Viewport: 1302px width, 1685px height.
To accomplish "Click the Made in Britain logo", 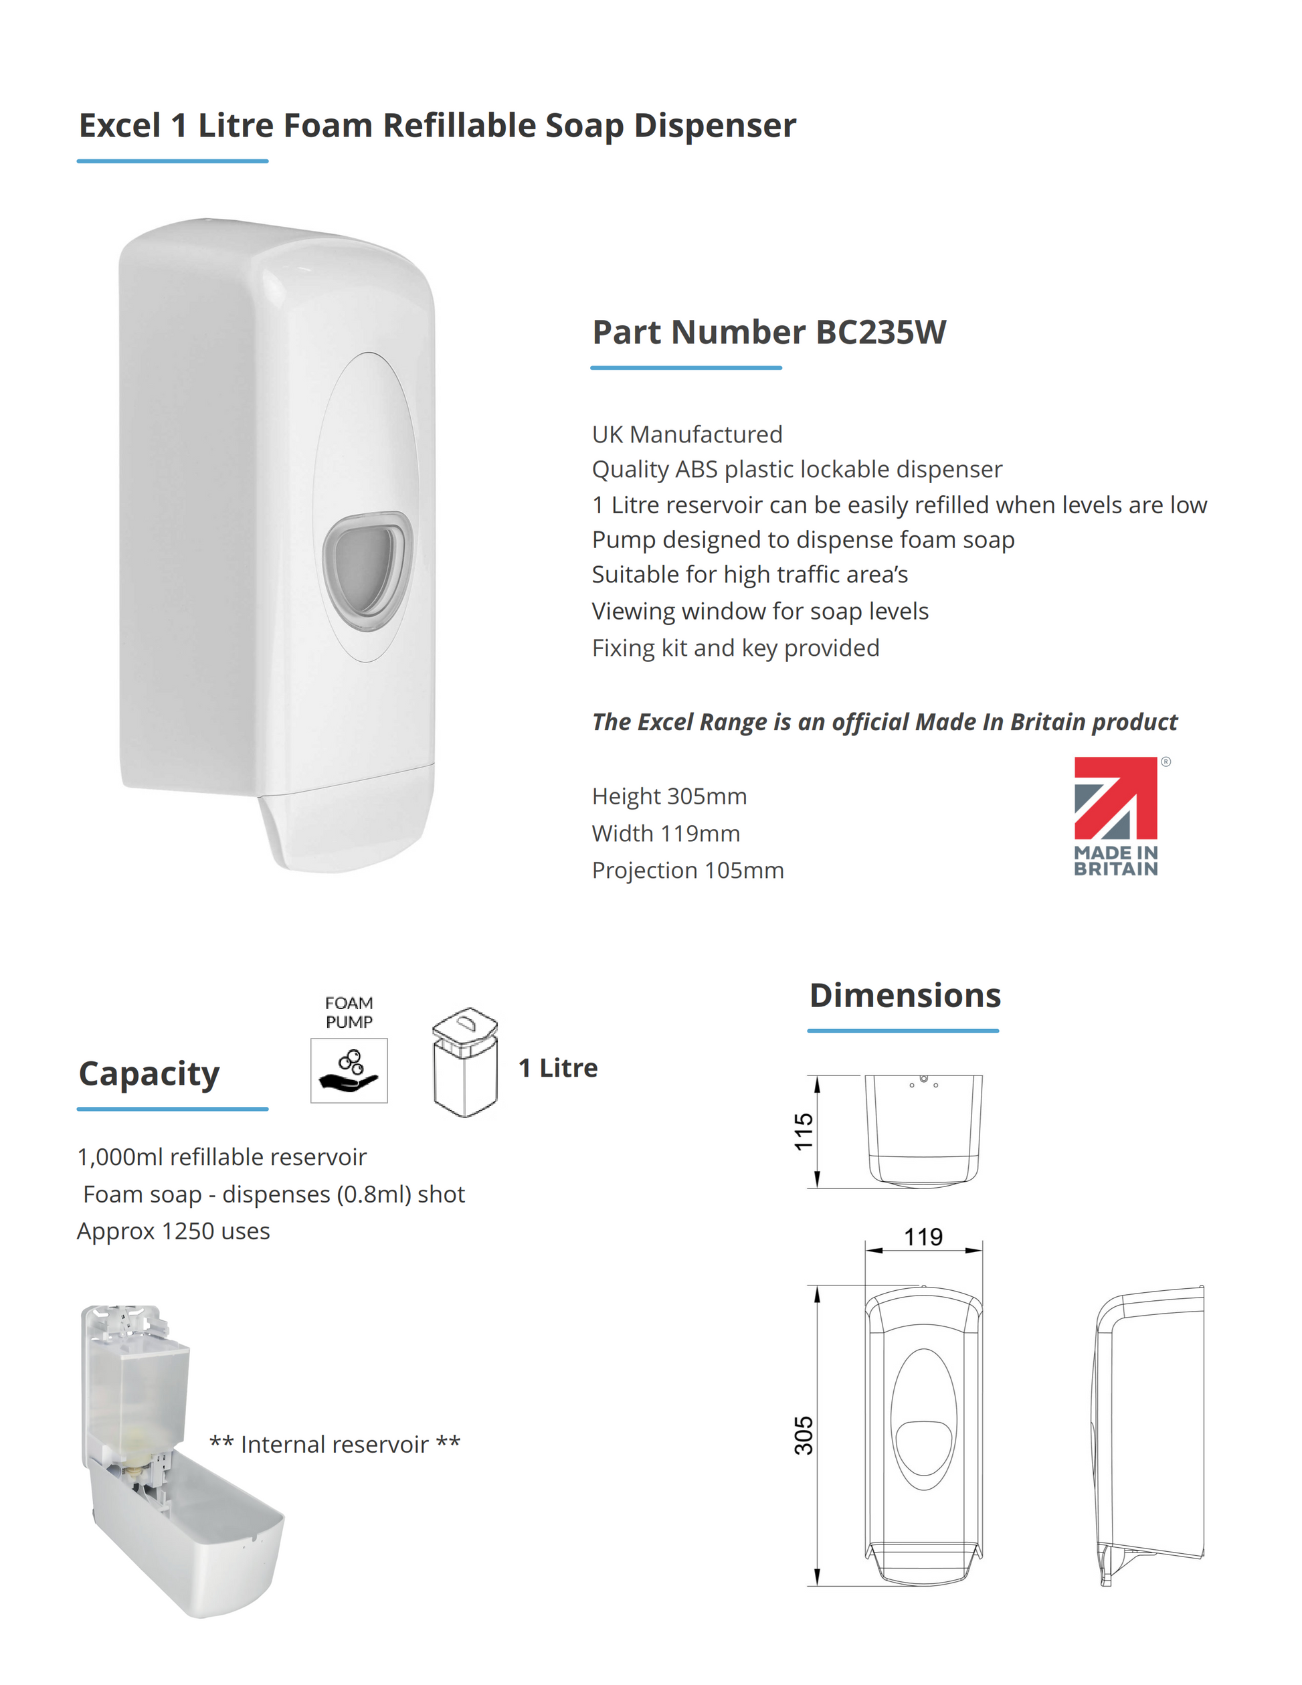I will (x=1115, y=816).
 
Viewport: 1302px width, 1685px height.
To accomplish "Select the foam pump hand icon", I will (x=349, y=1070).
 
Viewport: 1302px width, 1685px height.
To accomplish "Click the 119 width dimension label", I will (x=923, y=1237).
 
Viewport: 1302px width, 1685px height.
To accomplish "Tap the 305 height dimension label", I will (x=804, y=1435).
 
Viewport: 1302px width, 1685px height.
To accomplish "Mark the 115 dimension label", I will (x=804, y=1131).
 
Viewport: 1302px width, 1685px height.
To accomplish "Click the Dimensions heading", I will (x=905, y=995).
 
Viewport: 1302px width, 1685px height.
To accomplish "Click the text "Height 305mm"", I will (x=669, y=796).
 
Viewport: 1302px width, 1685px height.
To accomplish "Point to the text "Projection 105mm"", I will (x=687, y=871).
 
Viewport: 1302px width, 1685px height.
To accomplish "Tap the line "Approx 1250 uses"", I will (x=173, y=1231).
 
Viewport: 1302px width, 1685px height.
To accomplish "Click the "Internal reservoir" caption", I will (x=335, y=1444).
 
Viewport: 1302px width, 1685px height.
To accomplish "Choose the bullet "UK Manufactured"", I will (x=686, y=434).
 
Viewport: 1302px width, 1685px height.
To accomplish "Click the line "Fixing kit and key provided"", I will (x=735, y=648).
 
